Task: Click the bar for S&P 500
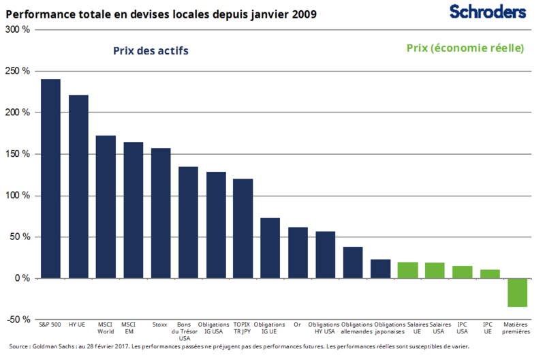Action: point(50,179)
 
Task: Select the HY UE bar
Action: point(78,187)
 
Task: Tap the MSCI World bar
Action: point(106,207)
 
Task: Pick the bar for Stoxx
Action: point(161,213)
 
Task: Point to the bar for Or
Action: point(298,253)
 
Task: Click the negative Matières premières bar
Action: point(517,292)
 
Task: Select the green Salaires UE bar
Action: point(407,271)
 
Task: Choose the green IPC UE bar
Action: point(490,274)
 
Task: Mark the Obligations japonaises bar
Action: point(380,269)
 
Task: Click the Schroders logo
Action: point(488,12)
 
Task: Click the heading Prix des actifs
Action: point(151,50)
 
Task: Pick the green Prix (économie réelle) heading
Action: point(465,48)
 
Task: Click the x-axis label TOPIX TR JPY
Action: point(243,328)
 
